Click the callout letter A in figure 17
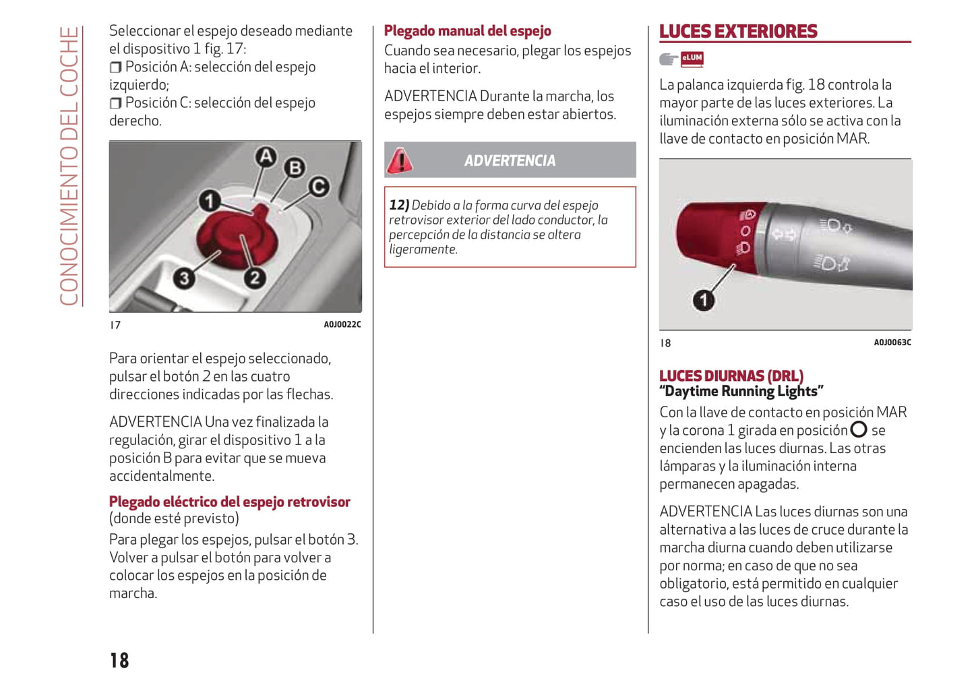point(266,157)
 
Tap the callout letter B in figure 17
point(295,167)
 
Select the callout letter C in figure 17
point(319,187)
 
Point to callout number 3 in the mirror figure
point(183,278)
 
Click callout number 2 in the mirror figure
point(254,278)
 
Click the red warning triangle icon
point(400,160)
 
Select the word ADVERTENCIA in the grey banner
point(510,160)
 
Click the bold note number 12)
point(399,205)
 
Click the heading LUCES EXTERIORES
point(738,32)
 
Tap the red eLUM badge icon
point(692,59)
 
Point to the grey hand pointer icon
point(668,59)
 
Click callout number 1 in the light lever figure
point(704,300)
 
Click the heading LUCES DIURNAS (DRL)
point(731,376)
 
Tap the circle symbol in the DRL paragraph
point(859,429)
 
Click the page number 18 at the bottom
point(119,660)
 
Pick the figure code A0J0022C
point(342,324)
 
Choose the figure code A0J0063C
point(892,342)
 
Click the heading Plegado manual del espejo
point(467,31)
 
